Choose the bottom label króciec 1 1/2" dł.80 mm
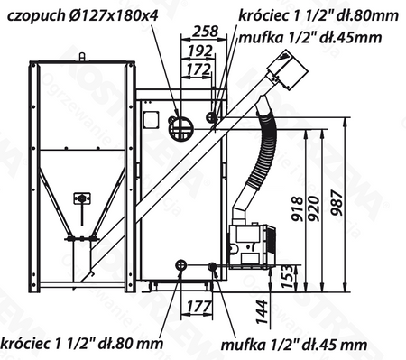[82, 344]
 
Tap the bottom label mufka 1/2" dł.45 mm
[296, 344]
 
